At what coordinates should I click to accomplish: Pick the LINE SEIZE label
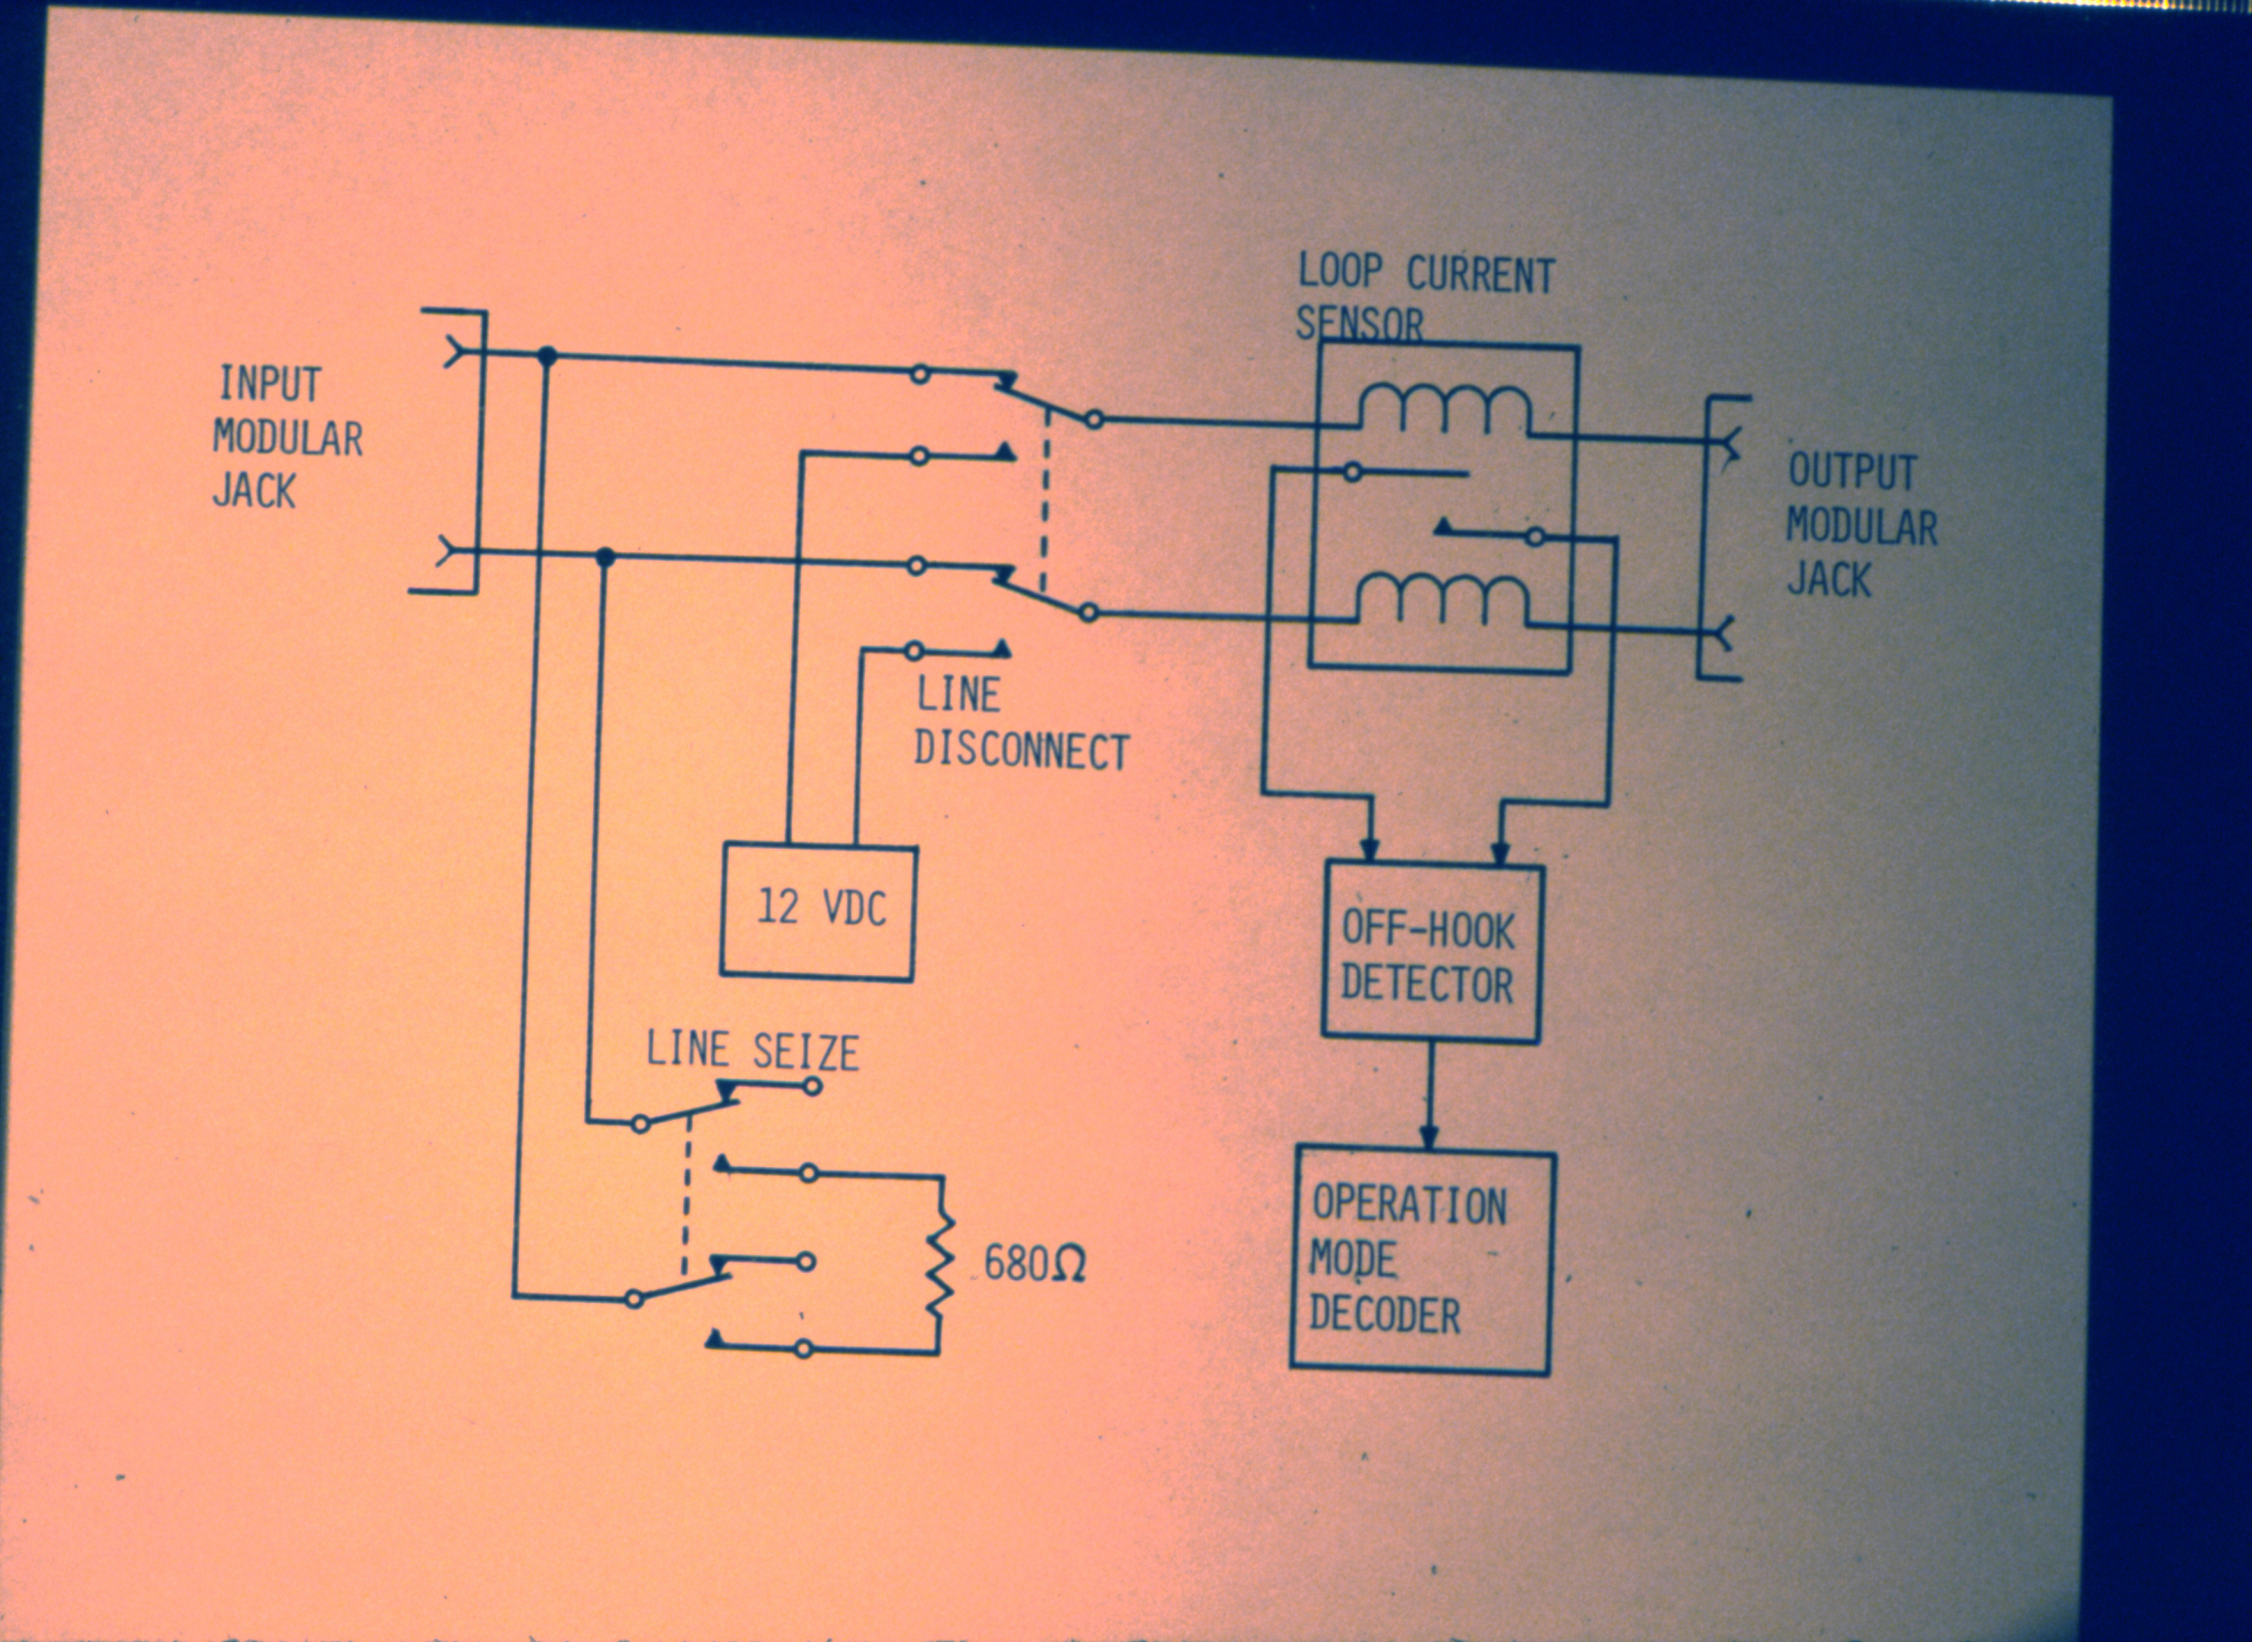[x=753, y=1052]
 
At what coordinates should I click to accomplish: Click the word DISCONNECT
[x=1022, y=753]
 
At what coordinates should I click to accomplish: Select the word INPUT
[x=269, y=384]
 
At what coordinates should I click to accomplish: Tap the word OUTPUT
[x=1852, y=471]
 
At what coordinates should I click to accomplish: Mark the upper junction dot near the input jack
[x=546, y=355]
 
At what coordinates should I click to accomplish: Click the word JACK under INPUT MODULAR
[x=255, y=491]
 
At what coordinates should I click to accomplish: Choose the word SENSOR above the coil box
[x=1360, y=324]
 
